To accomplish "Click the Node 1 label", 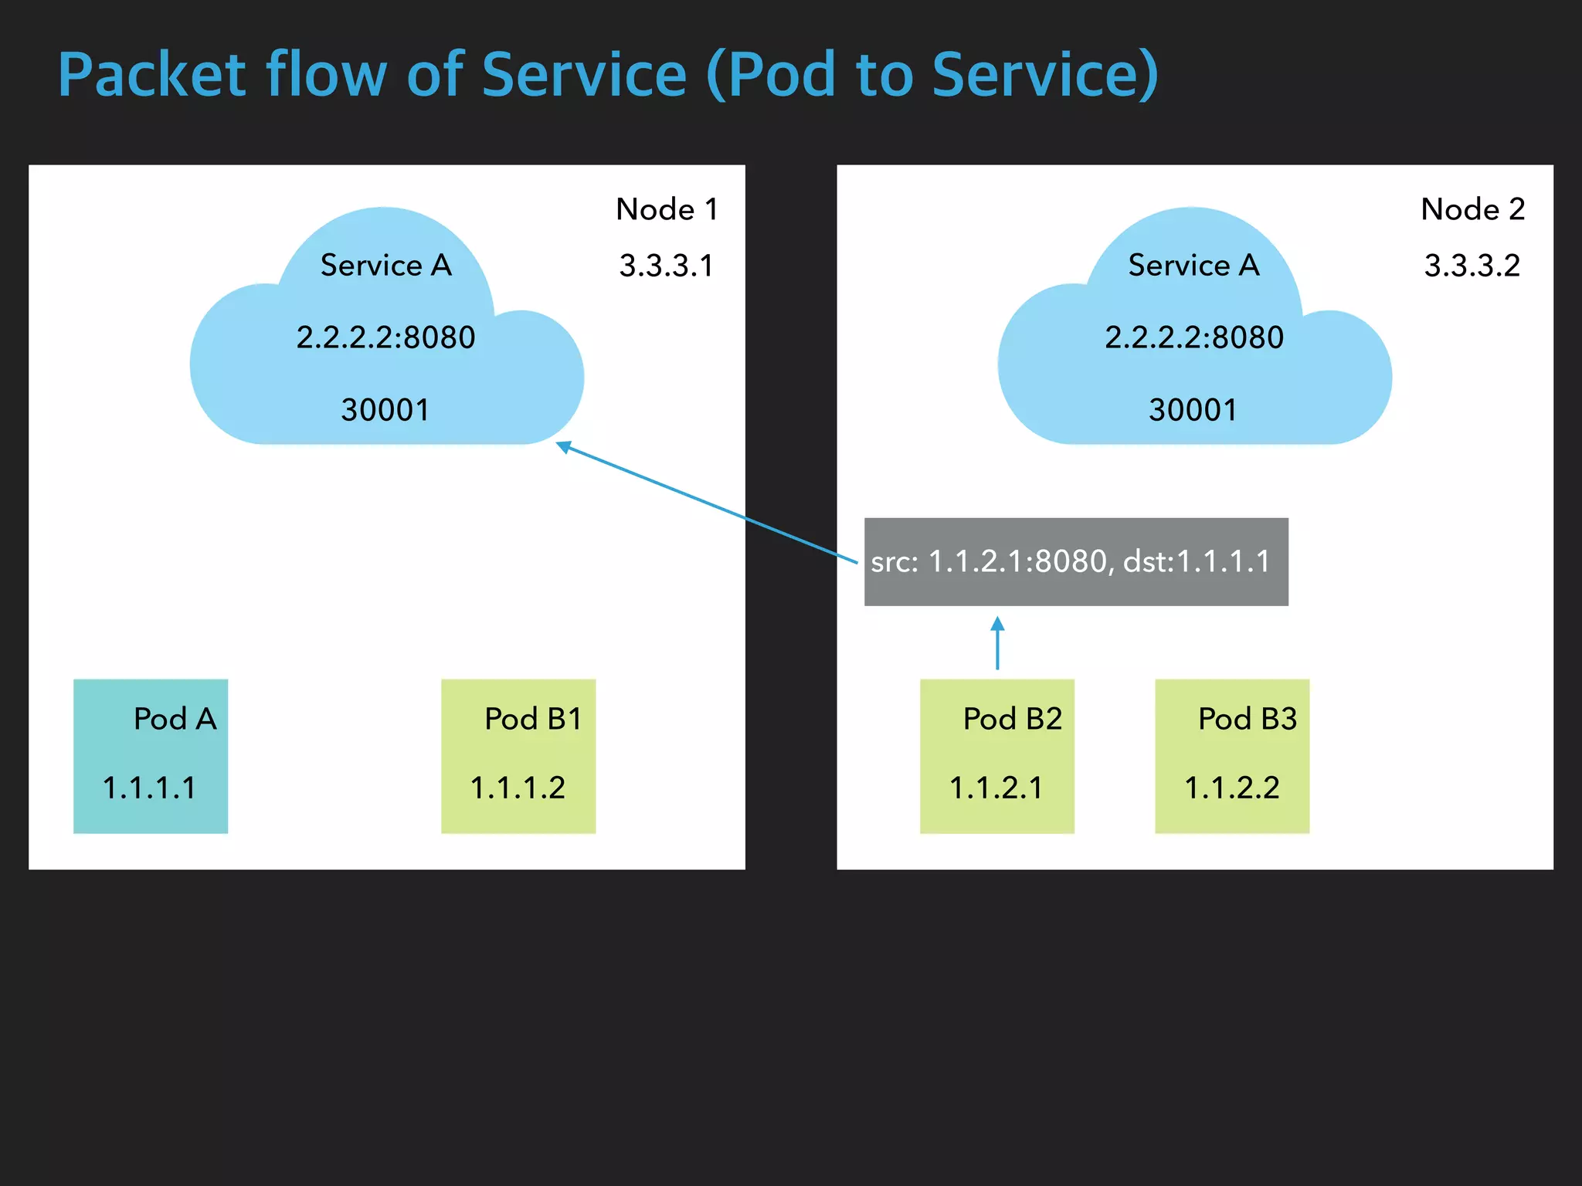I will [x=667, y=209].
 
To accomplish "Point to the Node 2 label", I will [x=1472, y=209].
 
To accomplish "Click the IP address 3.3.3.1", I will [x=666, y=266].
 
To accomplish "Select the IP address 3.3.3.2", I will [x=1472, y=266].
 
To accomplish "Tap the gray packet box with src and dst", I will [x=1075, y=561].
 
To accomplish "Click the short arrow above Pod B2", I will [x=997, y=642].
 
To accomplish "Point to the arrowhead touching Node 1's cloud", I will [x=564, y=446].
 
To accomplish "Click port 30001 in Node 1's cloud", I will [x=385, y=410].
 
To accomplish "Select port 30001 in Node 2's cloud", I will [x=1193, y=410].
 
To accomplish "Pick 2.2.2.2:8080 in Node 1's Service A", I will [x=385, y=337].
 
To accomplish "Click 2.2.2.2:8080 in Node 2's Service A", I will [x=1193, y=337].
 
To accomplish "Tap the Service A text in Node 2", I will [x=1193, y=265].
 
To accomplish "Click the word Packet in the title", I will [x=152, y=75].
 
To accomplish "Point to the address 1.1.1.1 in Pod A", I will [x=149, y=788].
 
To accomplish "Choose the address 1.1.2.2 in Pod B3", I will [x=1231, y=788].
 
